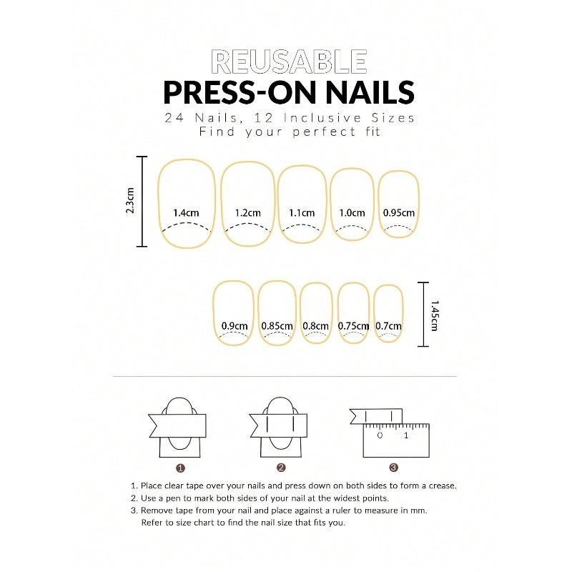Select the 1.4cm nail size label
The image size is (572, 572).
[x=186, y=212]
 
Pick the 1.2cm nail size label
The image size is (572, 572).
[x=247, y=212]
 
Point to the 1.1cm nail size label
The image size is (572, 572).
[x=302, y=212]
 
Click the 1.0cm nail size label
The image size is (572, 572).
[x=352, y=212]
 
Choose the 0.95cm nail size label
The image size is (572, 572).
[x=399, y=212]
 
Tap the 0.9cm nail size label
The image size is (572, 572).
[x=235, y=326]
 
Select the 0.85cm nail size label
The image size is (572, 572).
[x=277, y=326]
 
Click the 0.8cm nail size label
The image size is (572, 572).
[x=315, y=326]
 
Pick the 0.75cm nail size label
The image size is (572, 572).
[x=353, y=326]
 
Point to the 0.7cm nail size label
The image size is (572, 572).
[x=389, y=326]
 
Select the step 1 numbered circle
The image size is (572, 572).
[x=181, y=468]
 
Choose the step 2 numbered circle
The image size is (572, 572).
[x=281, y=468]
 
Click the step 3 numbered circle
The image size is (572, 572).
[x=393, y=468]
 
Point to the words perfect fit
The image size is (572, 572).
[x=340, y=132]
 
